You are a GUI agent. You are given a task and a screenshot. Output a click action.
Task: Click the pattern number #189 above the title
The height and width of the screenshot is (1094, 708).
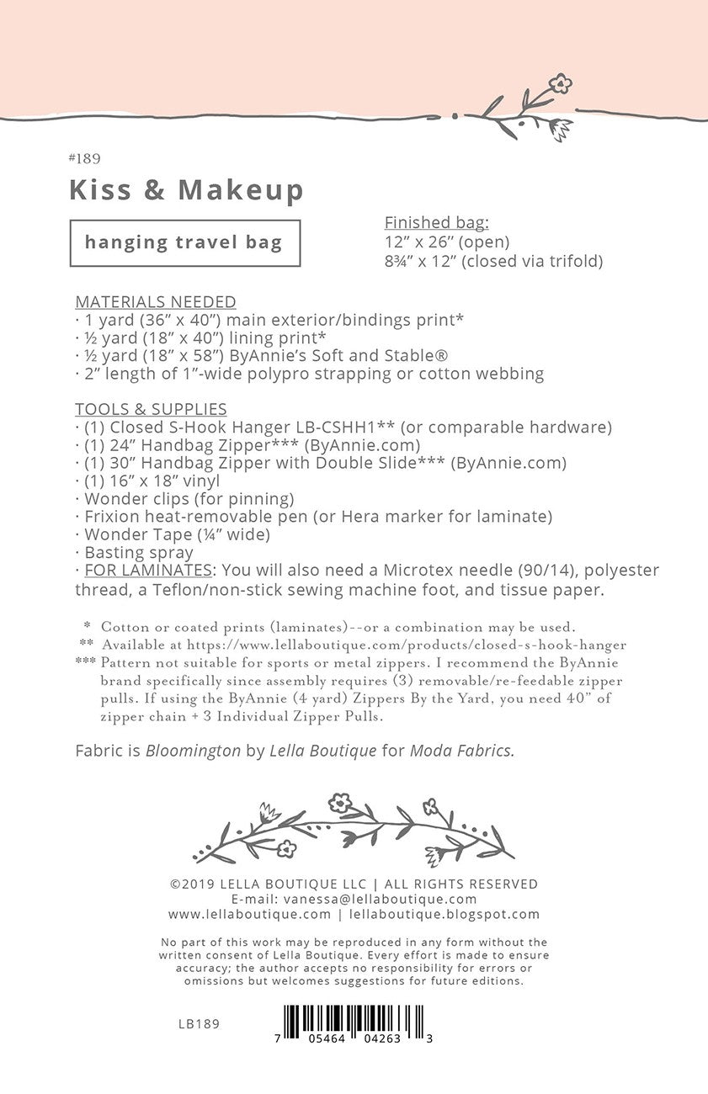pyautogui.click(x=84, y=158)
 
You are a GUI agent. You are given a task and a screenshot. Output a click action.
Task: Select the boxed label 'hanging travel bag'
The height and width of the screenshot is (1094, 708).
pyautogui.click(x=184, y=243)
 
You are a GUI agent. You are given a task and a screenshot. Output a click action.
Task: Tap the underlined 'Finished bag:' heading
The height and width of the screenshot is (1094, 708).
pyautogui.click(x=436, y=223)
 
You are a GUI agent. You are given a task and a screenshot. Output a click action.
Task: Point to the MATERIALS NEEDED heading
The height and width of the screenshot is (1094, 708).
pyautogui.click(x=156, y=302)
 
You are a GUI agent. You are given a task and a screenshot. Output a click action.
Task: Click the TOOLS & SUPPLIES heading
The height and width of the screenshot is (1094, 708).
pyautogui.click(x=151, y=410)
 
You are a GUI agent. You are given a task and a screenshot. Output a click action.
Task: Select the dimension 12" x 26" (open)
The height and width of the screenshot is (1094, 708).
pyautogui.click(x=447, y=242)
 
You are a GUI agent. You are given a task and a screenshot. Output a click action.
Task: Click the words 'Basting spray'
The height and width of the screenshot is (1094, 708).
pyautogui.click(x=139, y=553)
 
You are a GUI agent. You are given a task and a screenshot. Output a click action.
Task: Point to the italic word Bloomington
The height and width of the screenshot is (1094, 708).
pyautogui.click(x=193, y=751)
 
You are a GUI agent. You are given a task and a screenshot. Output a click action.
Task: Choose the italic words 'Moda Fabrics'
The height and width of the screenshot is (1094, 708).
pyautogui.click(x=461, y=751)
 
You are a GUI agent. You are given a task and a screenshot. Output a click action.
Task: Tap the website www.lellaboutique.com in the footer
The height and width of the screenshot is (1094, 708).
pyautogui.click(x=249, y=914)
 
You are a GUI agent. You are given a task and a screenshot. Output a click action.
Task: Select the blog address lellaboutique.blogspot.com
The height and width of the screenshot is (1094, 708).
pyautogui.click(x=444, y=914)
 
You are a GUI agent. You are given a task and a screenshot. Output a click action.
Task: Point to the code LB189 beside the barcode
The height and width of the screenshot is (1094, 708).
pyautogui.click(x=199, y=1024)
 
